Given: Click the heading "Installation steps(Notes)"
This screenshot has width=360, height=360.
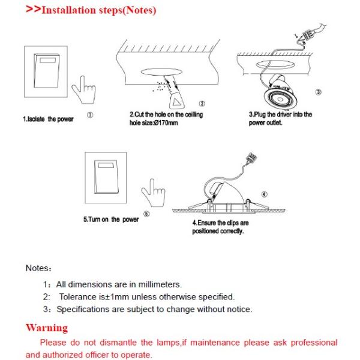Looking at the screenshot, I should (98, 11).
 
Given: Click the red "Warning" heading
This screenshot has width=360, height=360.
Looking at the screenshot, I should (47, 328).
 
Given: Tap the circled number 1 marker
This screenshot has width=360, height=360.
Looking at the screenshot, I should (89, 113).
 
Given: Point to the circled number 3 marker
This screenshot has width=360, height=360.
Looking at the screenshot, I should (318, 92).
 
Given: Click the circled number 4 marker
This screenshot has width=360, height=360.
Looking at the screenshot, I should (263, 194).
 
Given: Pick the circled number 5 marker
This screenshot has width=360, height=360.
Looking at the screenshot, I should (147, 214).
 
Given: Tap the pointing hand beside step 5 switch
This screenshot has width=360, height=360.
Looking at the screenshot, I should (151, 194).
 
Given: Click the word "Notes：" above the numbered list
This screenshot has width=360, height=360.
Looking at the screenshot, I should (39, 268).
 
